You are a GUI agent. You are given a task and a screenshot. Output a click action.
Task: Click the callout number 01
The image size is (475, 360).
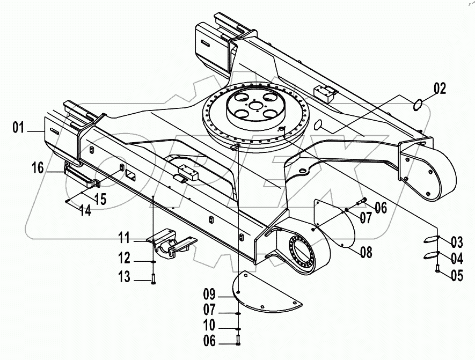click(x=19, y=127)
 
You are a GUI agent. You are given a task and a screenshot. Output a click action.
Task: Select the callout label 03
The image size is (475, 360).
click(x=456, y=240)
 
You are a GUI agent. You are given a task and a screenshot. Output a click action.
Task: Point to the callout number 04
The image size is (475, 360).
click(x=456, y=258)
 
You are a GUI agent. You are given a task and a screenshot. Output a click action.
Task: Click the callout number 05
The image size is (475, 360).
click(x=456, y=276)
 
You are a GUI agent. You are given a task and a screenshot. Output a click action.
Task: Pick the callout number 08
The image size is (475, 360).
click(x=366, y=252)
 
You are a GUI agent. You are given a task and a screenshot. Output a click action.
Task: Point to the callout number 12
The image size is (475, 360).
click(x=125, y=259)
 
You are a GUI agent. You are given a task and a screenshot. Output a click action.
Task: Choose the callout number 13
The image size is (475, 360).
click(x=125, y=277)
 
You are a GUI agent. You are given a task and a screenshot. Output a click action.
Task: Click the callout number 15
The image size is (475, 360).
click(x=100, y=198)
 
